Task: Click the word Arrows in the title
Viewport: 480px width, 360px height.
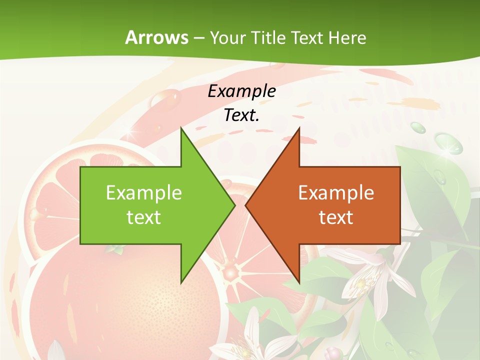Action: point(156,37)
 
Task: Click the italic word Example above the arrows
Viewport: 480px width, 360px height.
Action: point(241,91)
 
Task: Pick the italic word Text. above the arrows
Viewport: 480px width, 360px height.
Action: point(241,115)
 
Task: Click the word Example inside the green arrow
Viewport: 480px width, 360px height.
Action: point(144,193)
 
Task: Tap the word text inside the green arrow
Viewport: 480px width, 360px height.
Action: point(144,217)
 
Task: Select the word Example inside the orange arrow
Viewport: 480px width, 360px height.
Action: point(336,193)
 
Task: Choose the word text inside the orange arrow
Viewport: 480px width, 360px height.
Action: point(336,217)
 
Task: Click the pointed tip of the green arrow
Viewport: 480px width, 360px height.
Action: point(234,205)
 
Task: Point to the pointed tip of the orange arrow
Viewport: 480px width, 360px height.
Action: point(246,205)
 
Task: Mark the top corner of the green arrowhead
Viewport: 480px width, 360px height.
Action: point(181,128)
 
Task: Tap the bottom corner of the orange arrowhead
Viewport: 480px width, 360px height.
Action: point(299,283)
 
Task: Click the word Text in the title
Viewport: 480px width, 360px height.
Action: point(307,38)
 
